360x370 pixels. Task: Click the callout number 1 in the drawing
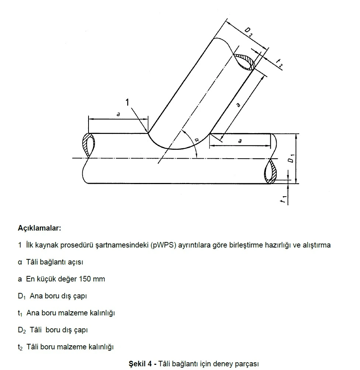pos(127,102)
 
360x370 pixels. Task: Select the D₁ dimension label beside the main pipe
pos(291,158)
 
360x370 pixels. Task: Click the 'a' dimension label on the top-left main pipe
pos(118,114)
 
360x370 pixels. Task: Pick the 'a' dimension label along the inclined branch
pos(238,105)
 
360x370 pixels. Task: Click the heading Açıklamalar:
pos(39,228)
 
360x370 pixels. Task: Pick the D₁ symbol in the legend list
pos(22,296)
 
